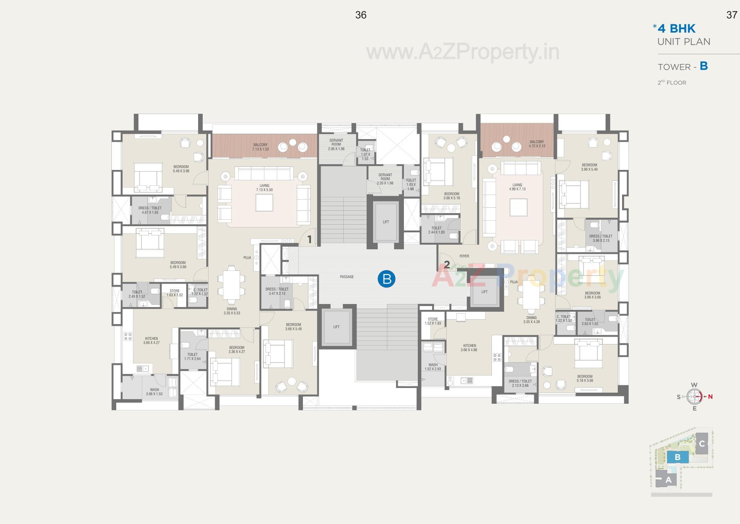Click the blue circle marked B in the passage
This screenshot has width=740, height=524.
click(387, 279)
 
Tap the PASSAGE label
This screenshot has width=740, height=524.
click(346, 277)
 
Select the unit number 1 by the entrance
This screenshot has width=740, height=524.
click(309, 240)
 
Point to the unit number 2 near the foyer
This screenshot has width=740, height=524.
click(447, 264)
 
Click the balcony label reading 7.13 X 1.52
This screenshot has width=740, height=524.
click(260, 147)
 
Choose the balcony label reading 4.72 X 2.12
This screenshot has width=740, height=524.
click(536, 144)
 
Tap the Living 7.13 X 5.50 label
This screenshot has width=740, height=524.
click(264, 188)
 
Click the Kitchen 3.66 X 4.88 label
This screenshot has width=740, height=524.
click(469, 348)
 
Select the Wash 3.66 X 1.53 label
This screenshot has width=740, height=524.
click(154, 392)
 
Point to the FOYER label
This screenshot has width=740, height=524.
click(464, 256)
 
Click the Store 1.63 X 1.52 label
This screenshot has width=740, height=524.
click(175, 293)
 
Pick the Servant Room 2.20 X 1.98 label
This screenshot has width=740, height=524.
click(385, 179)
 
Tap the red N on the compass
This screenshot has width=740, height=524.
click(710, 396)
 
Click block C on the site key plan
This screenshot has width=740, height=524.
click(702, 443)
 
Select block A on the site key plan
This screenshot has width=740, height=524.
click(668, 480)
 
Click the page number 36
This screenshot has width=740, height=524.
click(361, 15)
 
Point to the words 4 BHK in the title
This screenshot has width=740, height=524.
click(676, 29)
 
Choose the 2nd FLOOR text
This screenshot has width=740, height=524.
click(672, 82)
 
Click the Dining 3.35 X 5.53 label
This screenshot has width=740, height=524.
click(232, 311)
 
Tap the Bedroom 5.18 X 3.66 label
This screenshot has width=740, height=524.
click(585, 378)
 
